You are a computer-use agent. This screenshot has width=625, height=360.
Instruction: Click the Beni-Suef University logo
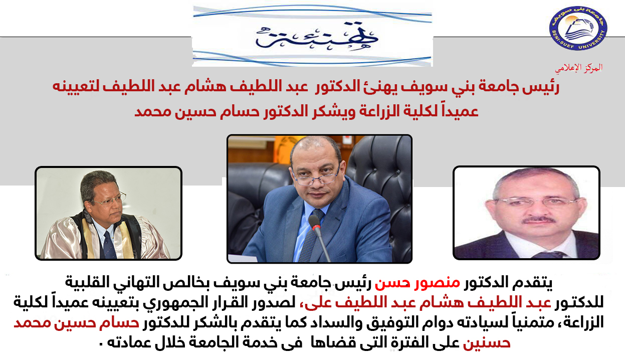(578, 28)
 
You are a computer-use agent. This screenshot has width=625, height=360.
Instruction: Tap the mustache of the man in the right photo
(538, 221)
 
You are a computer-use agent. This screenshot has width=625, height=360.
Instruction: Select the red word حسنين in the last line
(487, 342)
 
